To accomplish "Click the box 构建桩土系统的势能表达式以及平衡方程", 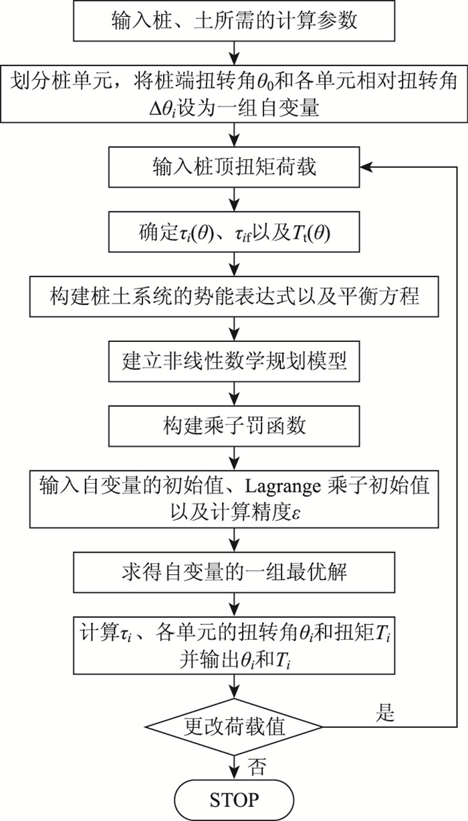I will tap(233, 295).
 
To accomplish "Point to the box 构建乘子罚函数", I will tap(233, 424).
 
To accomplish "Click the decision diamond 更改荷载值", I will tap(233, 725).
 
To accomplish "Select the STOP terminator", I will tap(233, 799).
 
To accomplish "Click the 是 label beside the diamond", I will tap(386, 713).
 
